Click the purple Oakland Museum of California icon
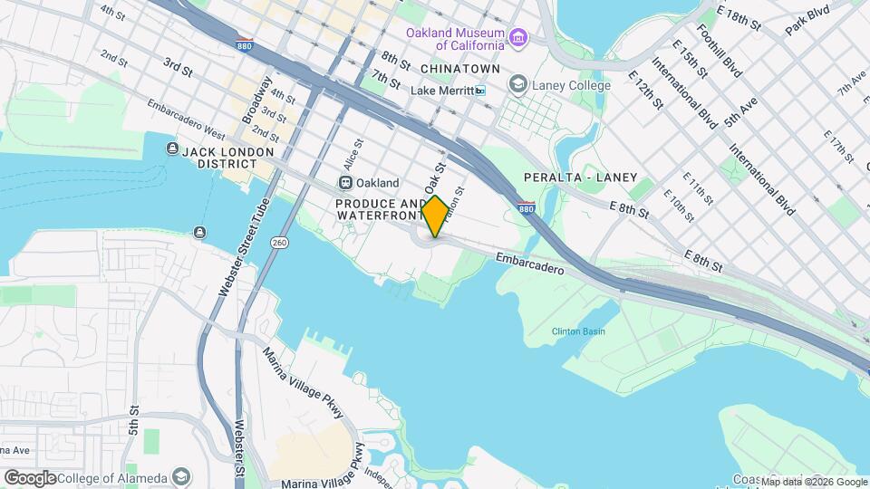[518, 37]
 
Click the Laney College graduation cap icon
[517, 85]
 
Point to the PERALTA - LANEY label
[580, 177]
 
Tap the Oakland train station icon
[358, 182]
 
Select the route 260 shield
[279, 242]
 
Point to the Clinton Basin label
[578, 331]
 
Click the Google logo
[29, 477]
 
